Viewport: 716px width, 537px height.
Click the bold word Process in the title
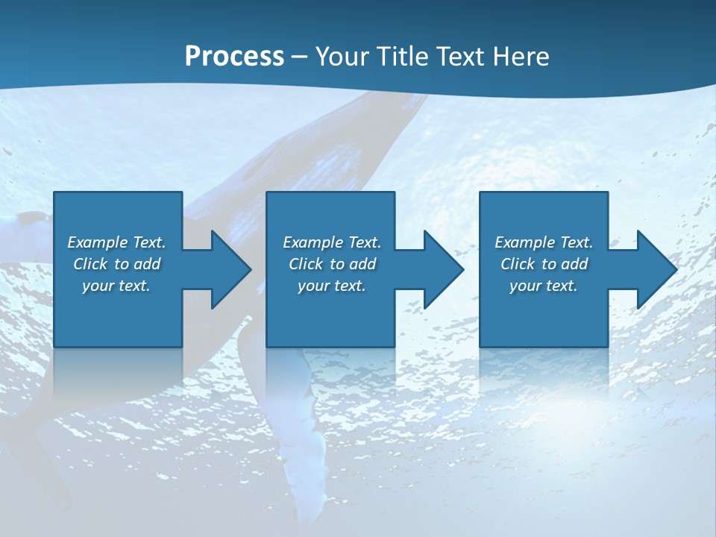(x=234, y=56)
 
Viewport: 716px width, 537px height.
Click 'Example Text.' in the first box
(x=116, y=242)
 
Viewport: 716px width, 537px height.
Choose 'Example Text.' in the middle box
(x=332, y=242)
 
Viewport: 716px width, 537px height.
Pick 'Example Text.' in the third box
(x=544, y=242)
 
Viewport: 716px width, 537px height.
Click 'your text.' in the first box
(x=116, y=286)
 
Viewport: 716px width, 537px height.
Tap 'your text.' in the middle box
(x=332, y=286)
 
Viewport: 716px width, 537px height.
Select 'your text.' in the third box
(x=544, y=286)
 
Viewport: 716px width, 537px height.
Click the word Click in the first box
(x=90, y=264)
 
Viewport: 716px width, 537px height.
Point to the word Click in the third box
(x=518, y=264)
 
